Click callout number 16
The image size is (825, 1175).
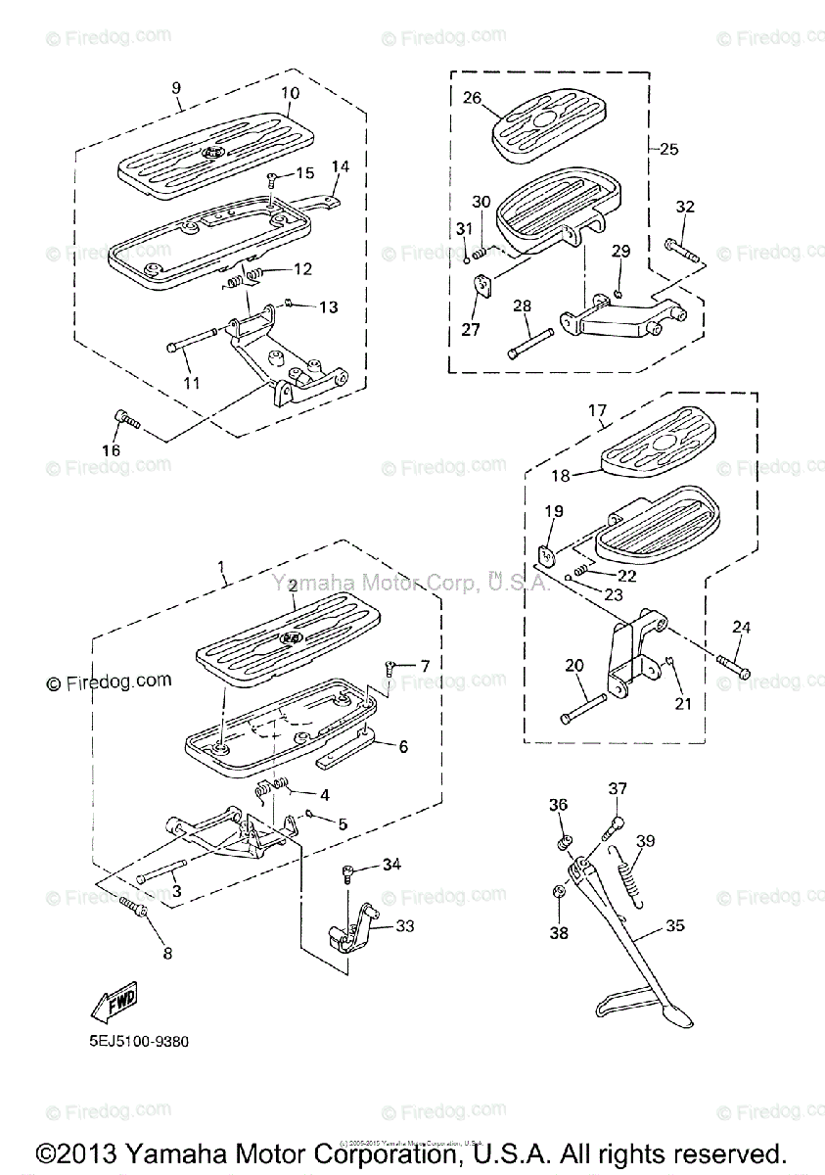(111, 449)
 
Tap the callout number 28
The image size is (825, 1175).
(522, 306)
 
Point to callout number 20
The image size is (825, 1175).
(573, 666)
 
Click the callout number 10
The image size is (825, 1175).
(290, 94)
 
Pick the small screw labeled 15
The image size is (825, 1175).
(272, 179)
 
